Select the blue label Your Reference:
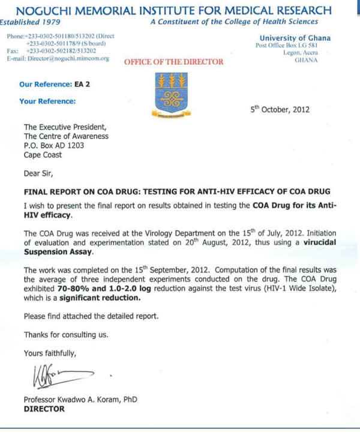(x=47, y=101)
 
